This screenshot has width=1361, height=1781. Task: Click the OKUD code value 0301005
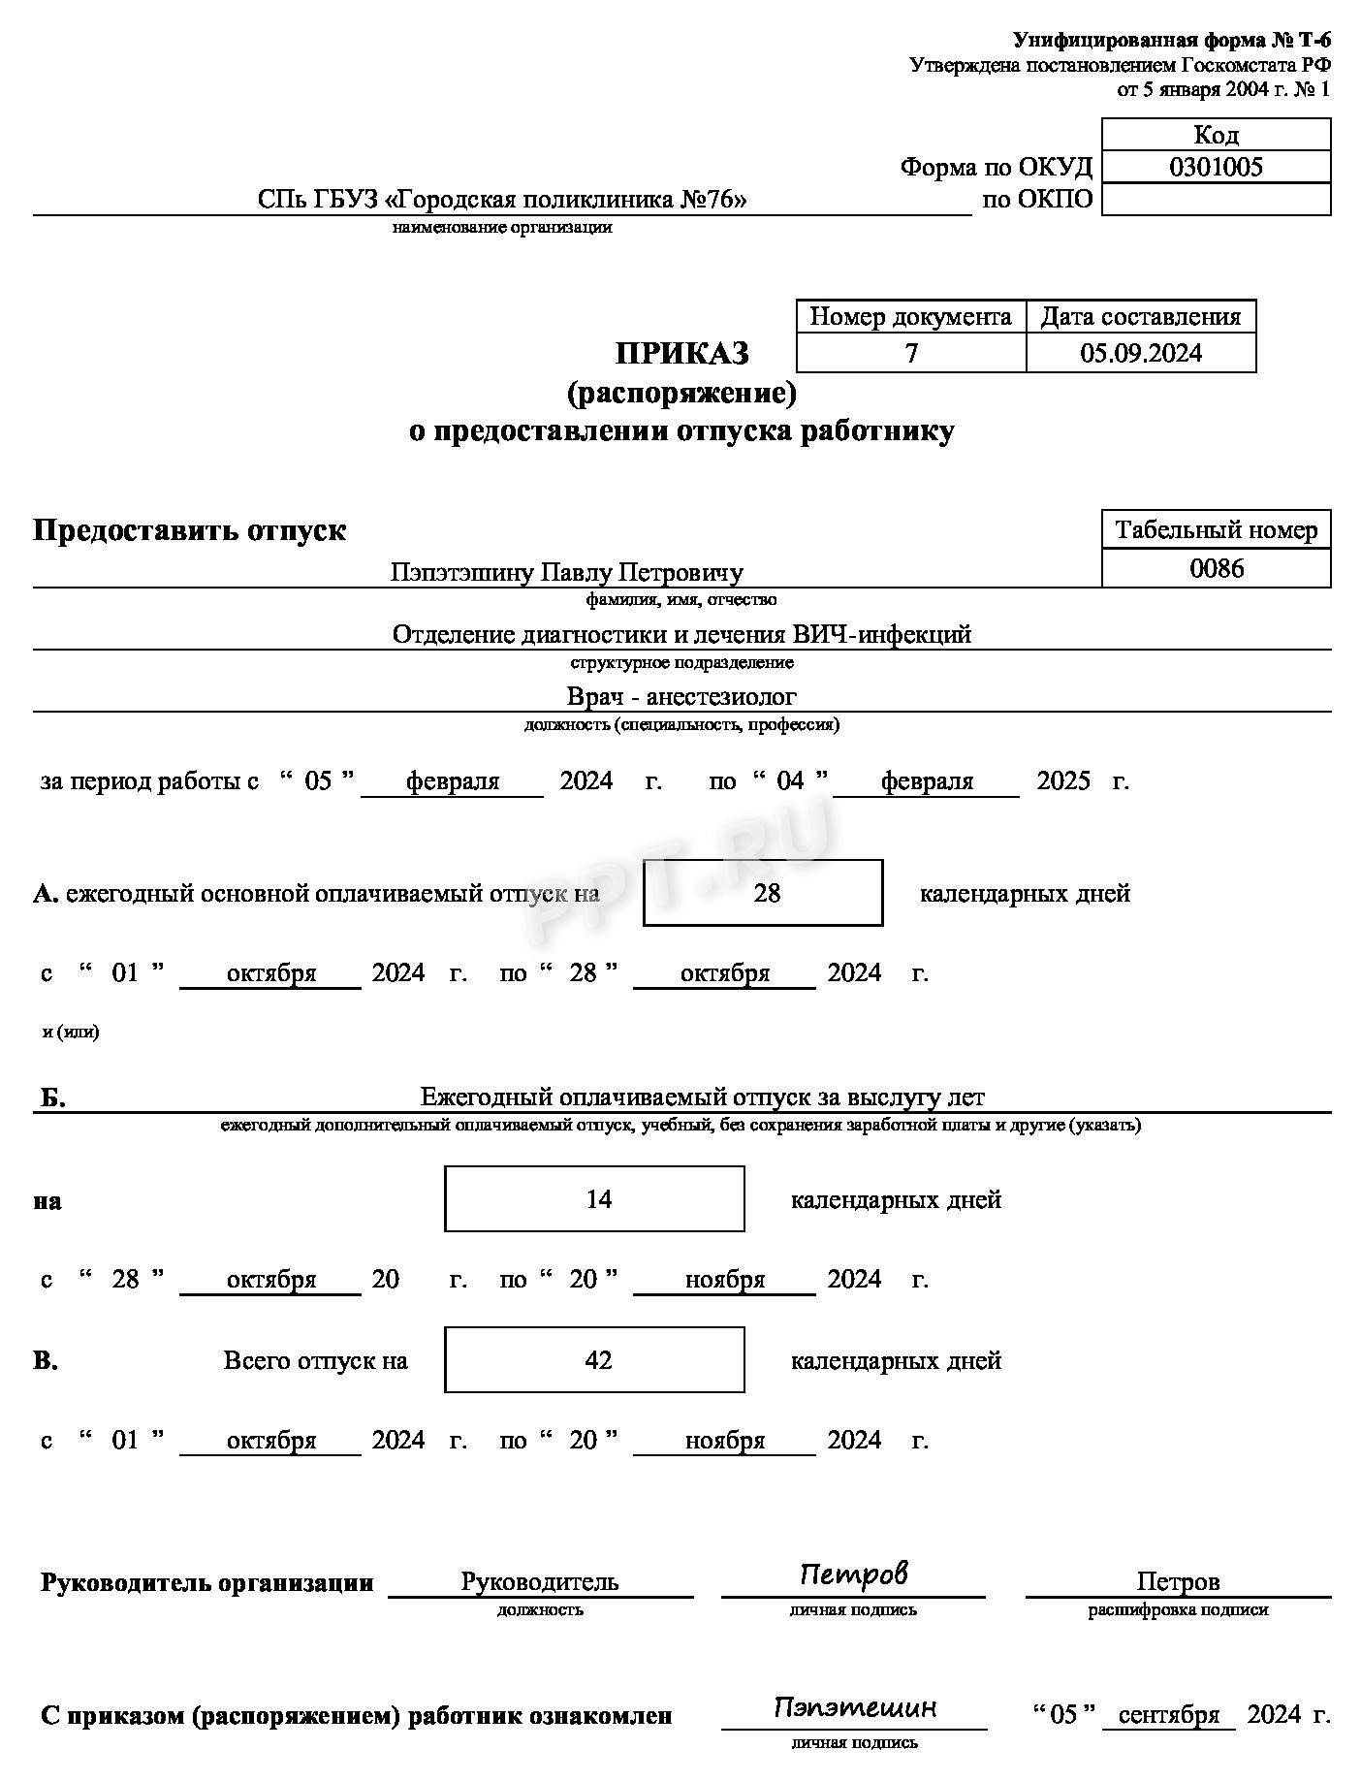[1216, 167]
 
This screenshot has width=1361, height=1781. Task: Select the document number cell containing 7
[910, 353]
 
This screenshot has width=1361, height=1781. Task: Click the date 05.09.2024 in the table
[1140, 353]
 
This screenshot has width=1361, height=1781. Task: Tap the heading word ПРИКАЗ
[681, 354]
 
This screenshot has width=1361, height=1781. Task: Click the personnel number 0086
[1216, 568]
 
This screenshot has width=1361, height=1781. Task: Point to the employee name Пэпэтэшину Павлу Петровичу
[566, 572]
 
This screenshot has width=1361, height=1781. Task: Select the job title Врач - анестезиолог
[680, 696]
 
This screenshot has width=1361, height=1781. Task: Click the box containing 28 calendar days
[763, 893]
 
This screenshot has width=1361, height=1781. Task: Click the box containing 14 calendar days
[594, 1199]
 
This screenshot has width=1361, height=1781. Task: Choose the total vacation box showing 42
[594, 1360]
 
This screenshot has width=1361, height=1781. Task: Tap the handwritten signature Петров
[853, 1574]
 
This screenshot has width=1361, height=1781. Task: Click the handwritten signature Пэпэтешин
[854, 1707]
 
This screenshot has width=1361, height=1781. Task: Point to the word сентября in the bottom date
[1168, 1715]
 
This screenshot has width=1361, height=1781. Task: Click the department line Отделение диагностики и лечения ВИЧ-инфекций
[680, 634]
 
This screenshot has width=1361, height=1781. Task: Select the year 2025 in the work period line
[1062, 781]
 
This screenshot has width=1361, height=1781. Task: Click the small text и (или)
[70, 1032]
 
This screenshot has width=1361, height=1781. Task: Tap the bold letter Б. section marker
[52, 1097]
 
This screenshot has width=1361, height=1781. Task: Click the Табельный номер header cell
[1216, 530]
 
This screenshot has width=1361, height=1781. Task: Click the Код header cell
[1216, 135]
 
